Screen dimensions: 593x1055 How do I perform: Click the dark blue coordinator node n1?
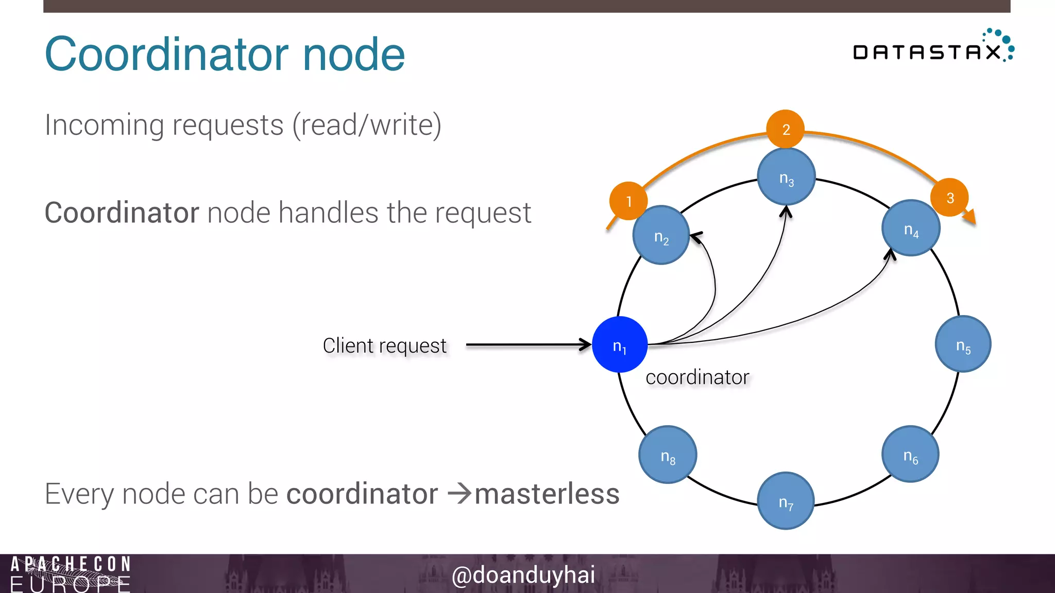pos(620,344)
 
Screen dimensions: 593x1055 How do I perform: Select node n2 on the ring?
pos(661,236)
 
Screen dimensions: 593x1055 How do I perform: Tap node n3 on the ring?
pos(786,177)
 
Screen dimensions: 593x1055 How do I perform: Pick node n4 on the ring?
pos(911,229)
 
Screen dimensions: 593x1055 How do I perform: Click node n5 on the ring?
pos(963,344)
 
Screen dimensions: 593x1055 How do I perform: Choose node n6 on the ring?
pos(910,455)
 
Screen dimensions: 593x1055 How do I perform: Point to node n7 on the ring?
pos(786,501)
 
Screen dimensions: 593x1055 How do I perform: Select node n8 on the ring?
pos(668,455)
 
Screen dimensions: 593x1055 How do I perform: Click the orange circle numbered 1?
pos(628,201)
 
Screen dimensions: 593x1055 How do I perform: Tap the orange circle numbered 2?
pos(786,129)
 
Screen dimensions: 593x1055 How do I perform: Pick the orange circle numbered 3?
pos(950,197)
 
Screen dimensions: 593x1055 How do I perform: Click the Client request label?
pos(384,345)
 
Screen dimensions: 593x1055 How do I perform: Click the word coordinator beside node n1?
pos(697,377)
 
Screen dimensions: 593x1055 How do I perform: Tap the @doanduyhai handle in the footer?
pos(523,574)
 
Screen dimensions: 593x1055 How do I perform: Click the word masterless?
pos(547,494)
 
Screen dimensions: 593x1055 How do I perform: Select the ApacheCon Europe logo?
pos(71,574)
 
